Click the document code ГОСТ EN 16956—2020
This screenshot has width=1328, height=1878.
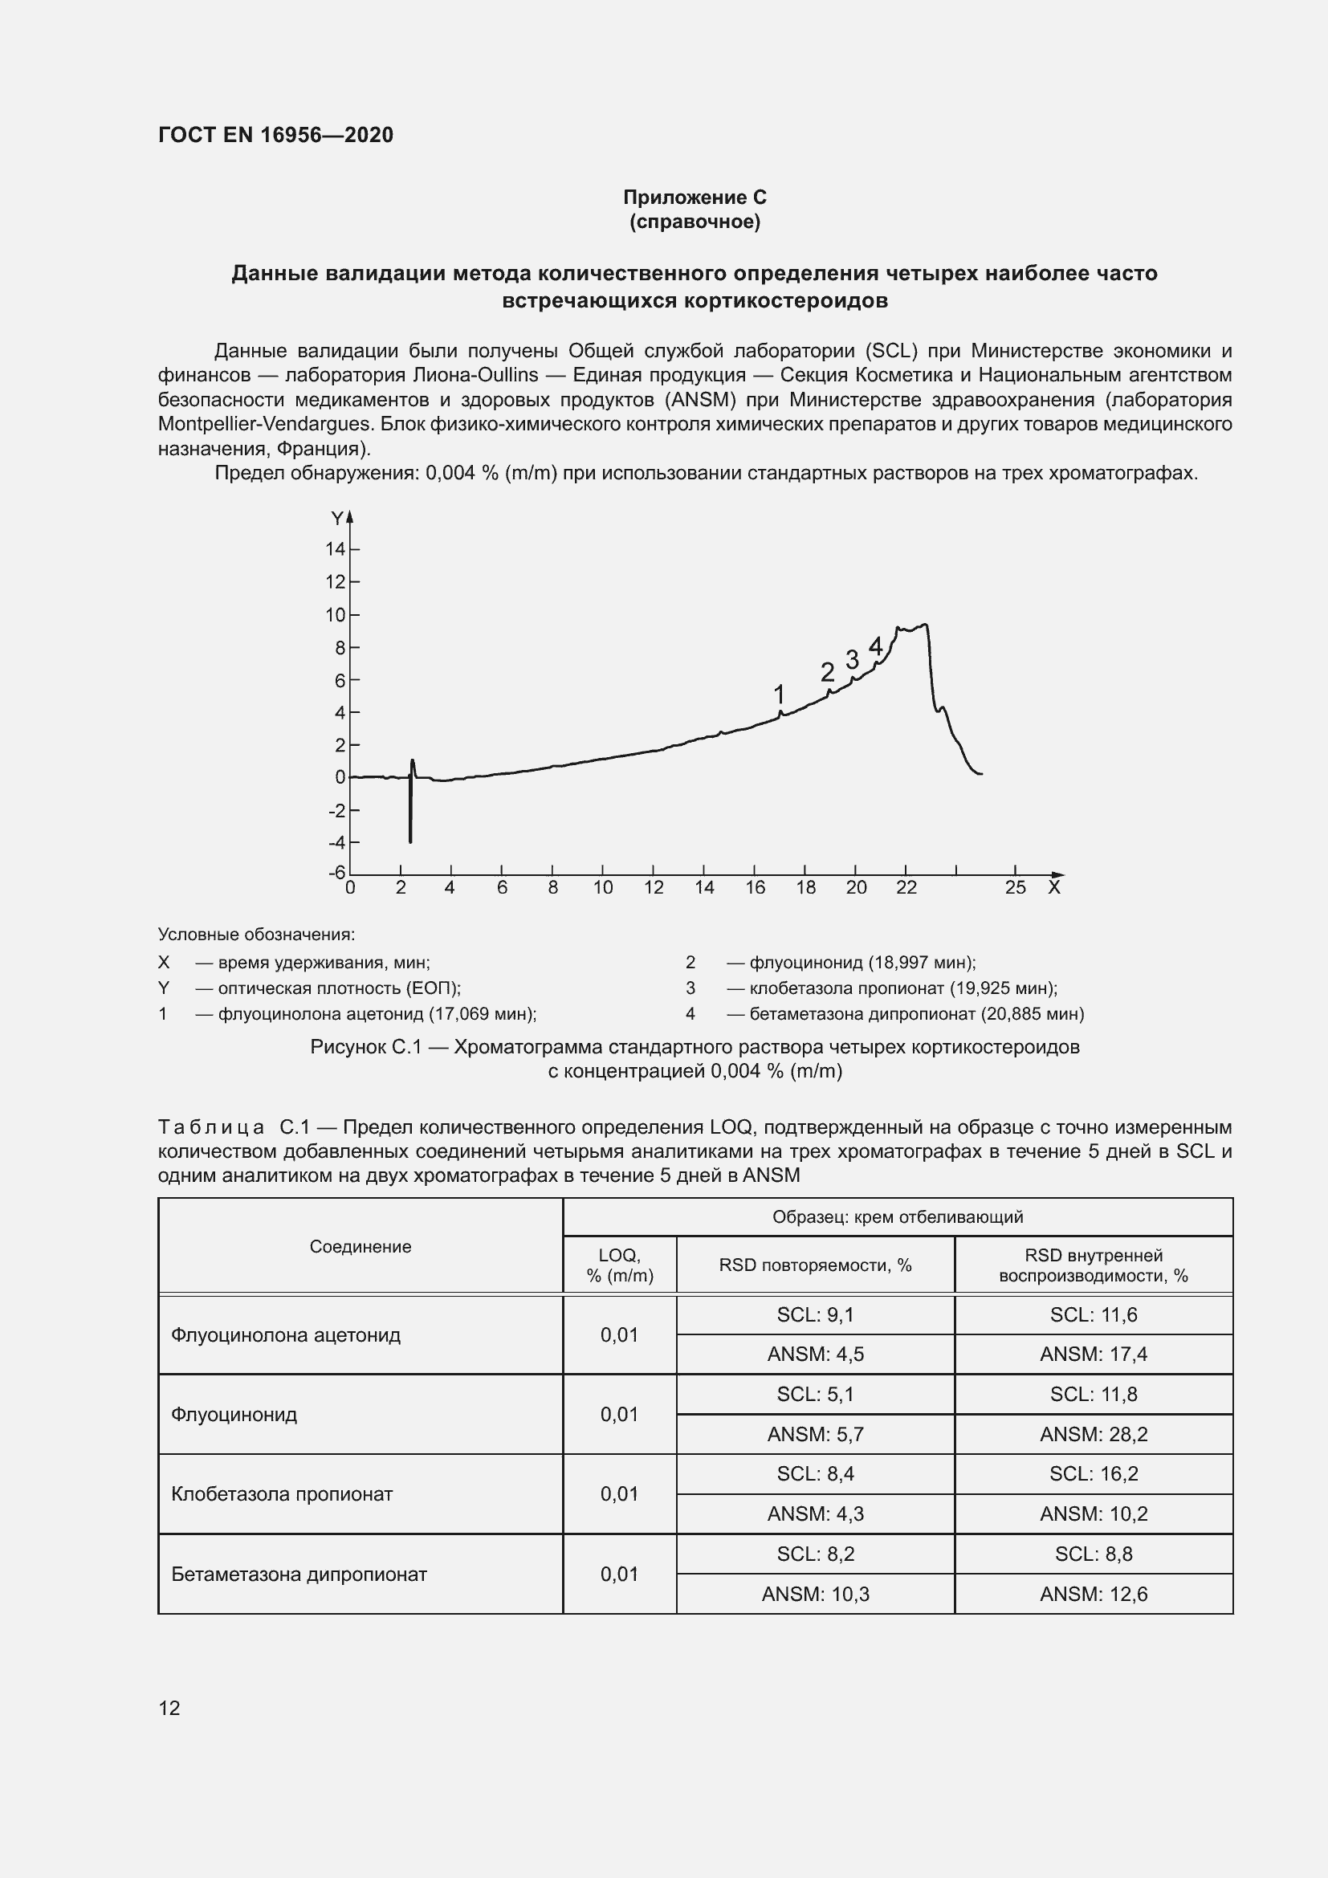tap(275, 135)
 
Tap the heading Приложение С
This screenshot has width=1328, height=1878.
tap(695, 198)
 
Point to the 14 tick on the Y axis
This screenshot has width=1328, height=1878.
tap(336, 549)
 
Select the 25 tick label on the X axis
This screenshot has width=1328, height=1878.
tap(1015, 888)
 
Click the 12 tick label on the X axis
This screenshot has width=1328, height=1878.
tap(654, 888)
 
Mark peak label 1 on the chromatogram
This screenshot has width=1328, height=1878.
tap(779, 695)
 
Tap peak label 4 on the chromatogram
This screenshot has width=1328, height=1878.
tap(875, 647)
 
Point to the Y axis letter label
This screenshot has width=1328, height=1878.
tap(336, 519)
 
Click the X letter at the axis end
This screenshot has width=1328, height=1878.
tap(1054, 888)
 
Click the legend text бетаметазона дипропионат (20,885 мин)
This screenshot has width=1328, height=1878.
tap(916, 1014)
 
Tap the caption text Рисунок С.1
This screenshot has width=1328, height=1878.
tap(364, 1048)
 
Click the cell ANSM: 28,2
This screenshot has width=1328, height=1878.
tap(1094, 1434)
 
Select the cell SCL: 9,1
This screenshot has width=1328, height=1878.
tap(815, 1314)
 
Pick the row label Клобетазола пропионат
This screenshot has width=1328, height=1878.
tap(281, 1493)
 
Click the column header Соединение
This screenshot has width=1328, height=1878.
tap(360, 1247)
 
